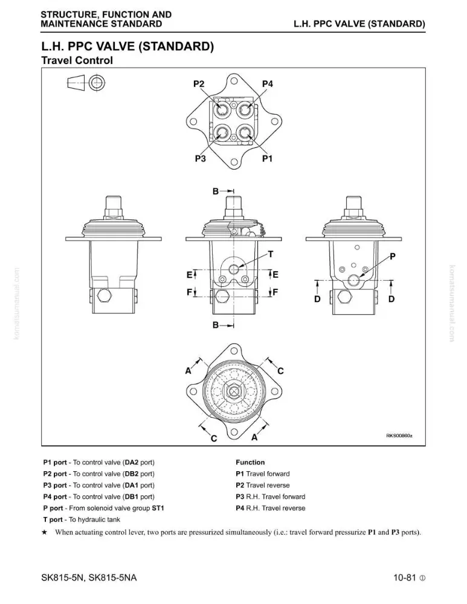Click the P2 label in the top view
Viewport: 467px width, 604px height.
199,84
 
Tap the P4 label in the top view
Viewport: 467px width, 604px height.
268,84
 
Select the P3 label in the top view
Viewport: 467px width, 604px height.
201,158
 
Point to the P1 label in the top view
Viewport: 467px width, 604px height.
268,158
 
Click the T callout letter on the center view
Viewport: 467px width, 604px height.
271,254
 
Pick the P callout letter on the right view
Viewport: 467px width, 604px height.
393,256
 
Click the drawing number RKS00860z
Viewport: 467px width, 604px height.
399,435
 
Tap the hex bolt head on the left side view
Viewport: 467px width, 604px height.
105,296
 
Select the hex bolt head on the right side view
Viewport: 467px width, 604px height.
345,297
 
